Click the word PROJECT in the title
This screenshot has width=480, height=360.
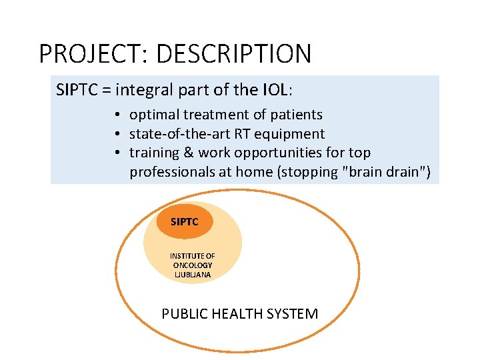[x=85, y=53]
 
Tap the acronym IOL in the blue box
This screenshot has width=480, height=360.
[x=277, y=89]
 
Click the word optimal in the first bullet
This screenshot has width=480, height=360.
[x=153, y=115]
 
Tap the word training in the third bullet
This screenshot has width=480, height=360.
[x=154, y=153]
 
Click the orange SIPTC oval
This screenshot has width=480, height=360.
[x=185, y=221]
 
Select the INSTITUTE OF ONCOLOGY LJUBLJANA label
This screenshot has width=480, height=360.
[x=192, y=265]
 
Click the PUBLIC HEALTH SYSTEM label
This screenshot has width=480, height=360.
[x=239, y=313]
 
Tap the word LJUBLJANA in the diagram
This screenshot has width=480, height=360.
[x=192, y=274]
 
